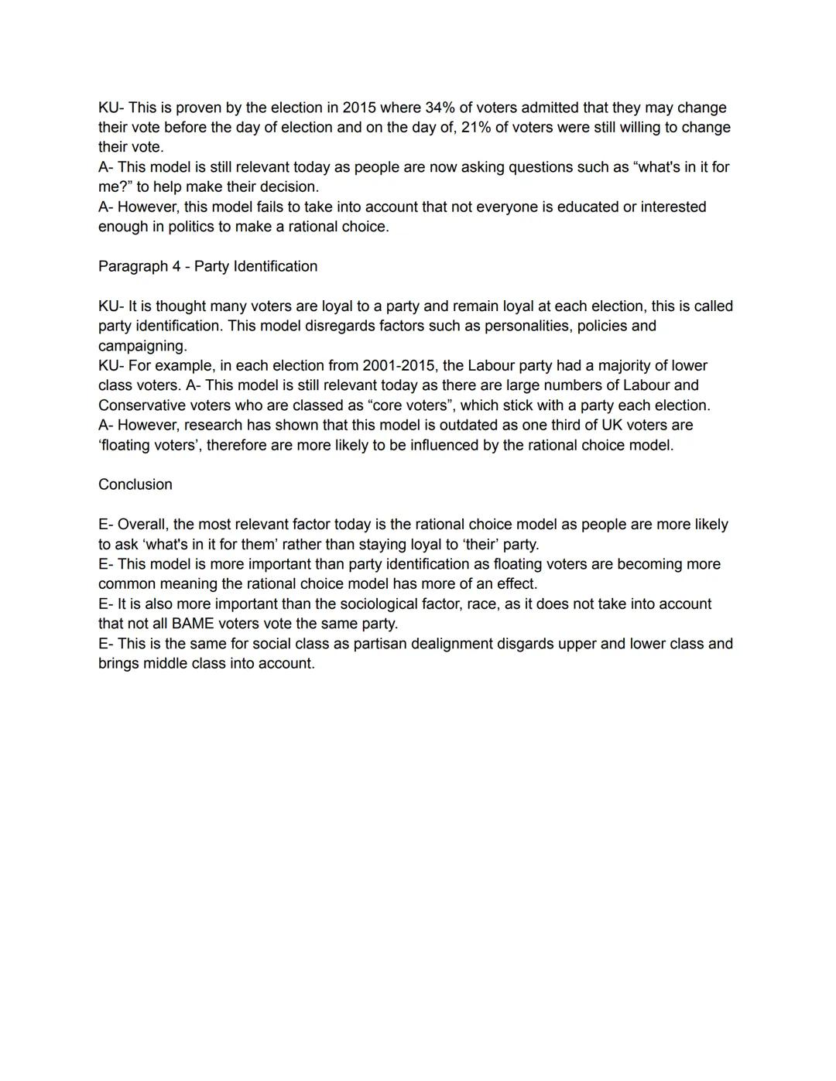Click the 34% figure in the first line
click(x=440, y=108)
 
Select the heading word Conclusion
click(x=135, y=484)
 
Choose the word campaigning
click(x=142, y=346)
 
